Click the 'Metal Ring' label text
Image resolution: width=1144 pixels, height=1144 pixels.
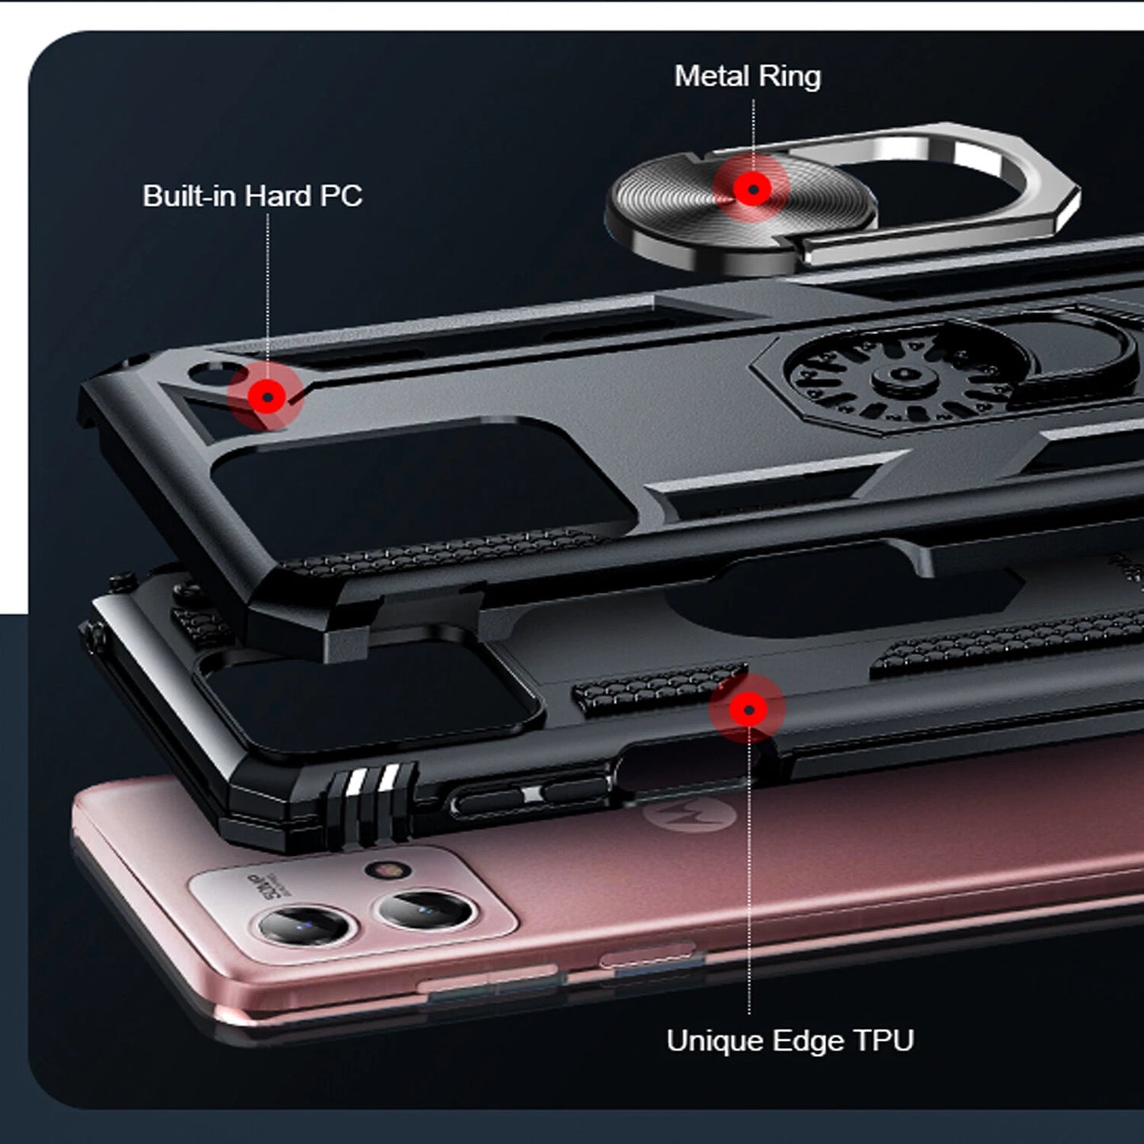click(x=747, y=78)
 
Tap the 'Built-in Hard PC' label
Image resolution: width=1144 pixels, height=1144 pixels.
click(x=253, y=196)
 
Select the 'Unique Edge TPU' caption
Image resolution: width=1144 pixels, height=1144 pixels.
click(x=790, y=1041)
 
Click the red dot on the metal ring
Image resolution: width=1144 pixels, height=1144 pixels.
click(x=752, y=189)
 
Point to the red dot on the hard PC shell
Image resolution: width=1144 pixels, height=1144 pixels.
click(x=267, y=397)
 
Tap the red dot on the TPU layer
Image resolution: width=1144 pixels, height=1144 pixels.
click(x=748, y=709)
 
